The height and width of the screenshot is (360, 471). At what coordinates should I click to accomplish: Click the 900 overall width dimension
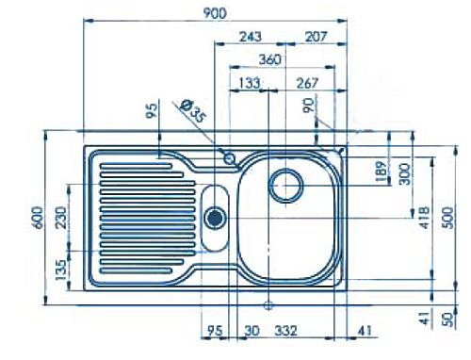pyautogui.click(x=215, y=13)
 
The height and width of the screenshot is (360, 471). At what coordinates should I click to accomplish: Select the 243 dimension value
pyautogui.click(x=251, y=37)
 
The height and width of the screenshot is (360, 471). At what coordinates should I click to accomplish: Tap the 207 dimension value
pyautogui.click(x=317, y=37)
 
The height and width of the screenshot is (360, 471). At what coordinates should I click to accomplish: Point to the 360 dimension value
pyautogui.click(x=270, y=59)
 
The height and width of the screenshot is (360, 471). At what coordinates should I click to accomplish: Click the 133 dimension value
pyautogui.click(x=250, y=83)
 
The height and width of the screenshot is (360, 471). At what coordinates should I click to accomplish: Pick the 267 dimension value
pyautogui.click(x=307, y=83)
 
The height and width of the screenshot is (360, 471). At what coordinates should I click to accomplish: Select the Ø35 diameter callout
pyautogui.click(x=193, y=111)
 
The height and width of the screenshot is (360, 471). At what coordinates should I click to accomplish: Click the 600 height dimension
pyautogui.click(x=38, y=218)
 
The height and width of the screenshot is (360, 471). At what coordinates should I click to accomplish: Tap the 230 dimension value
pyautogui.click(x=61, y=217)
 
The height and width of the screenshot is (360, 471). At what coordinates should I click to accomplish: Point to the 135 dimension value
pyautogui.click(x=61, y=270)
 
